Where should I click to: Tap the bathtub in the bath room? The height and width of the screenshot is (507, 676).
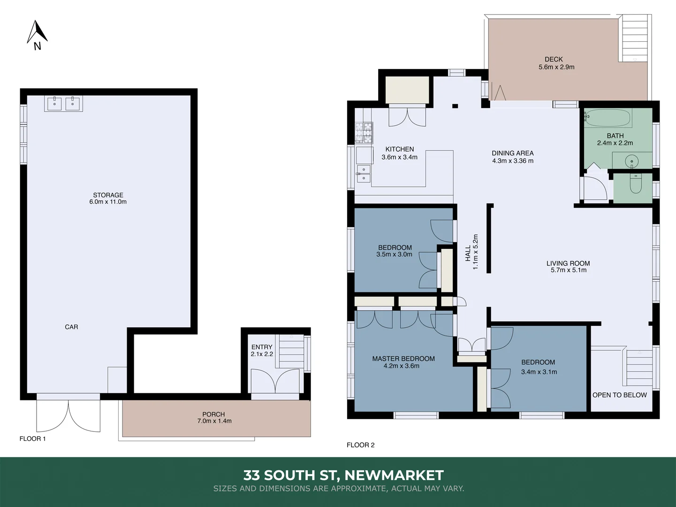tap(608, 118)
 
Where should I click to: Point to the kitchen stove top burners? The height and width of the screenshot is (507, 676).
tap(364, 132)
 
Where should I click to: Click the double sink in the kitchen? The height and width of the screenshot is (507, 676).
tap(363, 173)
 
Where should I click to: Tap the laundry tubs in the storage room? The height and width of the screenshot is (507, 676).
tap(63, 103)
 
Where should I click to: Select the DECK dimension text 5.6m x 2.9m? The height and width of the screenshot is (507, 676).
tap(556, 67)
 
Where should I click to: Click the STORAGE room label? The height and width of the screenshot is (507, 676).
tap(108, 195)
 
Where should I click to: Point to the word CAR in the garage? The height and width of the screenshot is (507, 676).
tap(71, 327)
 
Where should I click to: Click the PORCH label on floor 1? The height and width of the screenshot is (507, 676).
tap(213, 414)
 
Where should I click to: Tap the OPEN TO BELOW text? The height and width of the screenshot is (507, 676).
tap(619, 395)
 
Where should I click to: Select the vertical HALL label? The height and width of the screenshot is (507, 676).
tap(468, 253)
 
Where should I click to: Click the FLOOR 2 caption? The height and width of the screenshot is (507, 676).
tap(360, 445)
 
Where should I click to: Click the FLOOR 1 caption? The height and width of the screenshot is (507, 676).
tap(32, 438)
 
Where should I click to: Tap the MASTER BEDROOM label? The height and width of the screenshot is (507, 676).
tap(403, 359)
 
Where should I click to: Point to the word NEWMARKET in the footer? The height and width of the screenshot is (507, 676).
tap(394, 475)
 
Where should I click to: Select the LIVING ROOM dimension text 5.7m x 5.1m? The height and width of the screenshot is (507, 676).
tap(569, 270)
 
